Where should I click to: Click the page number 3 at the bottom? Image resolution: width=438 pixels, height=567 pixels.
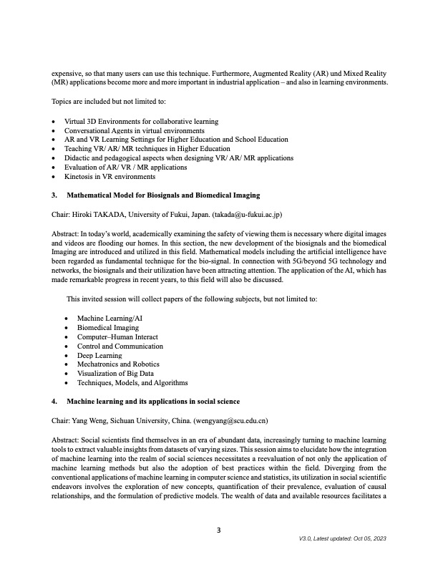point(219,530)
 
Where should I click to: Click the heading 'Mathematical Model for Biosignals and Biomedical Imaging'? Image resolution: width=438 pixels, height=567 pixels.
point(163,195)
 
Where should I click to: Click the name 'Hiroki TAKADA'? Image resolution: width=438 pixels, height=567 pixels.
point(97,213)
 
